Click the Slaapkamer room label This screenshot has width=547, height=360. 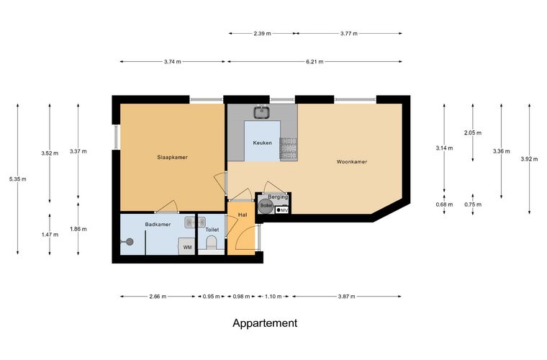point(172,158)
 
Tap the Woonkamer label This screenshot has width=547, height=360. point(352,162)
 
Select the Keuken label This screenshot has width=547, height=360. point(262,143)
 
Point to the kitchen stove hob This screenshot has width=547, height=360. point(288,149)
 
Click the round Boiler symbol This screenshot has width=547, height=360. point(266,206)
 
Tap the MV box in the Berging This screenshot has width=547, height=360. point(282,210)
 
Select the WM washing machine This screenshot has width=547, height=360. point(187,247)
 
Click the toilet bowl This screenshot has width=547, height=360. point(212,242)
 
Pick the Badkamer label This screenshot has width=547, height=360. point(158,225)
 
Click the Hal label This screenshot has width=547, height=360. point(243,215)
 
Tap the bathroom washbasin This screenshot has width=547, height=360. point(191,222)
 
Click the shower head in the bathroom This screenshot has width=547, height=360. point(130,241)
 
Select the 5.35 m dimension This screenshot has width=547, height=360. point(18,179)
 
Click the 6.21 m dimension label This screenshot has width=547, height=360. point(315,62)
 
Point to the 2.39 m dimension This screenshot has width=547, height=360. point(262,34)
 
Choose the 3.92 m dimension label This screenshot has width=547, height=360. point(529,159)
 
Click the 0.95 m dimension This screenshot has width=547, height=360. point(212,297)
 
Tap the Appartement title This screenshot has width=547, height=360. point(265,323)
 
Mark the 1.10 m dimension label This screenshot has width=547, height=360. point(273,297)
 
